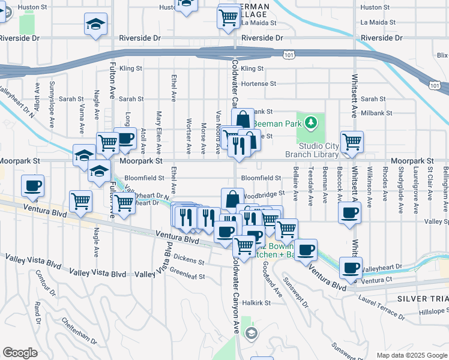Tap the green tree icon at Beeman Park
310,124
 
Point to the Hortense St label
258,84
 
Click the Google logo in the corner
20,353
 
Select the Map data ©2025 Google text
412,355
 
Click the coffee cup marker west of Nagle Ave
32,186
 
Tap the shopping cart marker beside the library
352,142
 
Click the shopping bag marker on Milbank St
242,118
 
